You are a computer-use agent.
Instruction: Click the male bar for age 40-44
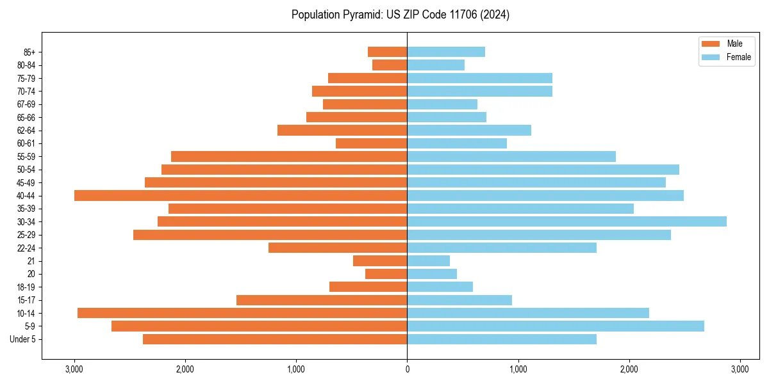click(240, 195)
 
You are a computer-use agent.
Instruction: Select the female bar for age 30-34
click(566, 221)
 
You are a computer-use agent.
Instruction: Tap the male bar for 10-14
click(242, 313)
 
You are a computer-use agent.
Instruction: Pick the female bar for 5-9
click(556, 326)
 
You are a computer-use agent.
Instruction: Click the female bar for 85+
click(446, 52)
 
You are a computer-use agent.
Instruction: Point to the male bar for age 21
click(380, 260)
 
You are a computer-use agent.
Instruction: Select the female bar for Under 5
click(502, 339)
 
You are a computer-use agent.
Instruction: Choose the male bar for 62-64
click(342, 130)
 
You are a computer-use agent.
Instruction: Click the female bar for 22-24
click(502, 248)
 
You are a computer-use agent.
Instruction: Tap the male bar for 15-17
click(322, 300)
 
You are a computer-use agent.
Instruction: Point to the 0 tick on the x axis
click(407, 369)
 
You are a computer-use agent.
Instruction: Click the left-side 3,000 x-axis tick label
click(74, 369)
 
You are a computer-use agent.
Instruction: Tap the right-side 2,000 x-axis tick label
click(629, 369)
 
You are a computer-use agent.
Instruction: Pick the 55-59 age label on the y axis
click(26, 156)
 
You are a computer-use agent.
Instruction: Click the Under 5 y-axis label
click(23, 339)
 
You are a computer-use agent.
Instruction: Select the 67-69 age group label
click(26, 104)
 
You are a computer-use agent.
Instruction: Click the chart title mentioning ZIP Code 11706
click(401, 15)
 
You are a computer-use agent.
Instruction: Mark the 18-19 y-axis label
click(26, 287)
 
